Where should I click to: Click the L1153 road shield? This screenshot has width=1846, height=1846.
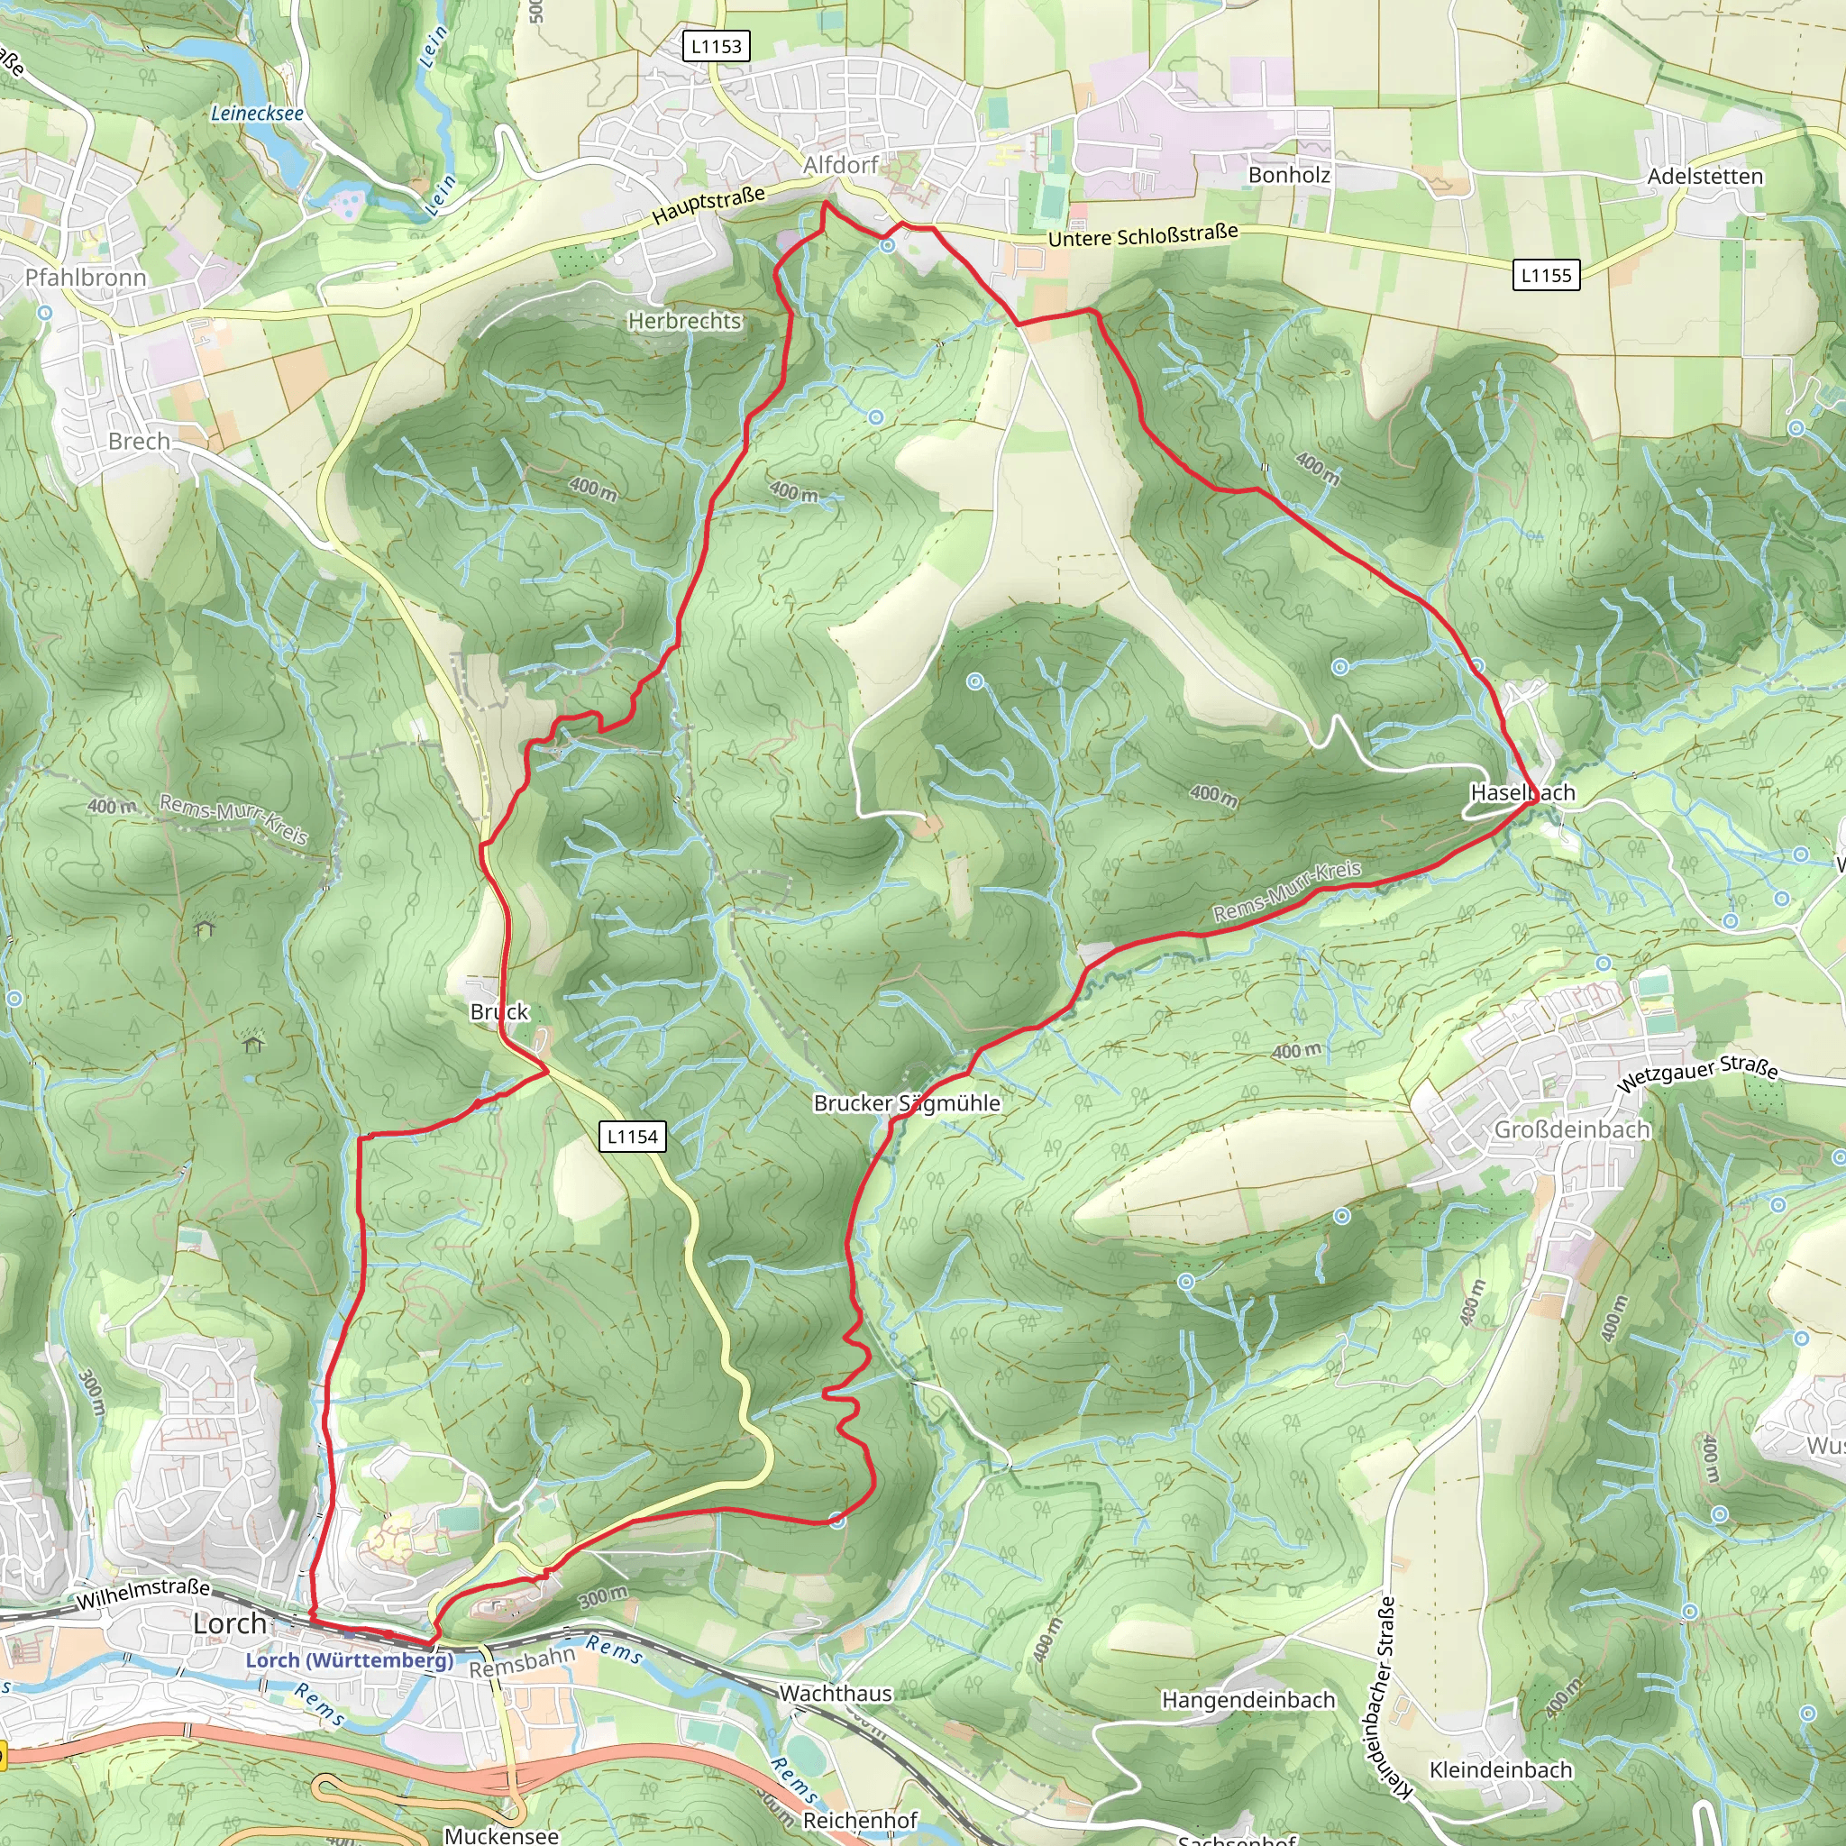(x=717, y=46)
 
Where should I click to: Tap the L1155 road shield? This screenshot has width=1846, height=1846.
(x=1546, y=275)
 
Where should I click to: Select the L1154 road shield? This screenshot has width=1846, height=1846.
(x=633, y=1136)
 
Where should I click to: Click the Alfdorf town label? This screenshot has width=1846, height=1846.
(x=840, y=165)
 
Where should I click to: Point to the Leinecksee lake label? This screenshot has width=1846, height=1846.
(x=257, y=113)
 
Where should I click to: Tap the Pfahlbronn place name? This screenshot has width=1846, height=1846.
(x=86, y=278)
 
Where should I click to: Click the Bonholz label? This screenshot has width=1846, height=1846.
(x=1289, y=175)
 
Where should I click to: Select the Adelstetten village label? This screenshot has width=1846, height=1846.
(x=1704, y=176)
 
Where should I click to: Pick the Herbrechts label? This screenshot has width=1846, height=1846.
(x=684, y=321)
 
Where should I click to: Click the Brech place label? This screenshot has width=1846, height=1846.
(x=139, y=442)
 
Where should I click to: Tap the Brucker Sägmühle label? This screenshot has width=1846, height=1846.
(x=907, y=1102)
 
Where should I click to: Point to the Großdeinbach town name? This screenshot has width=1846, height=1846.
(x=1572, y=1129)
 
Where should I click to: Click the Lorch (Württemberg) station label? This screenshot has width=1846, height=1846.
(x=350, y=1659)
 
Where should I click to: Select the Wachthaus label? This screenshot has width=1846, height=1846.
(x=835, y=1693)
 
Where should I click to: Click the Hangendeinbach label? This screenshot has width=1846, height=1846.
(x=1247, y=1700)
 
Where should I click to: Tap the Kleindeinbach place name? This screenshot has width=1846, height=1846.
(x=1500, y=1769)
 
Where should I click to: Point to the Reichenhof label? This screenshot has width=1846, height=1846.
(x=860, y=1820)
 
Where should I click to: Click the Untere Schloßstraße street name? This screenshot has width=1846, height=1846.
(x=1143, y=235)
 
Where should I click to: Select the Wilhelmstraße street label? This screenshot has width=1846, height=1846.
(x=143, y=1594)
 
